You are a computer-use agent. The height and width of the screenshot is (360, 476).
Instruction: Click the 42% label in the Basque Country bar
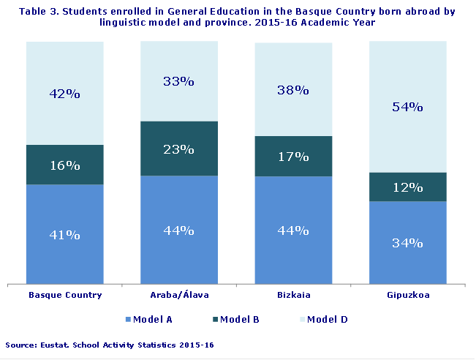coord(64,94)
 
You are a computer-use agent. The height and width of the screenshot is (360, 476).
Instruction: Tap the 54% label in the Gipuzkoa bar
coord(407,107)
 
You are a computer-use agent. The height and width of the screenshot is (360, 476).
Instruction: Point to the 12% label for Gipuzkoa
coord(407,187)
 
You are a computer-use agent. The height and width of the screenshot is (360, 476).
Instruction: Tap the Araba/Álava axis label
coord(179,295)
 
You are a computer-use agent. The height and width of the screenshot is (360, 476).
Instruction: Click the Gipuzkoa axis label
coord(407,295)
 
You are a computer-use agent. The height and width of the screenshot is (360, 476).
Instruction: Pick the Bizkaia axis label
coord(293,295)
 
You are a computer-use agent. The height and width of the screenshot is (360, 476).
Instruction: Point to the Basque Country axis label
coord(64,295)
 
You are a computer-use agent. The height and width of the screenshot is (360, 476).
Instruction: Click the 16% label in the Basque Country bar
coord(64,165)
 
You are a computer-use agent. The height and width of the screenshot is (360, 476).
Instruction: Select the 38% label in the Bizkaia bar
coord(293,91)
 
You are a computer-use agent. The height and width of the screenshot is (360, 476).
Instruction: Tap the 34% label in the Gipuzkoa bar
coord(407,243)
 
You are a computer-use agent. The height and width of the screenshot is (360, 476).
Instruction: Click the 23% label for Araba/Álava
coord(179,149)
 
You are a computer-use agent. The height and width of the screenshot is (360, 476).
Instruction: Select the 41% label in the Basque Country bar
coord(64,235)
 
